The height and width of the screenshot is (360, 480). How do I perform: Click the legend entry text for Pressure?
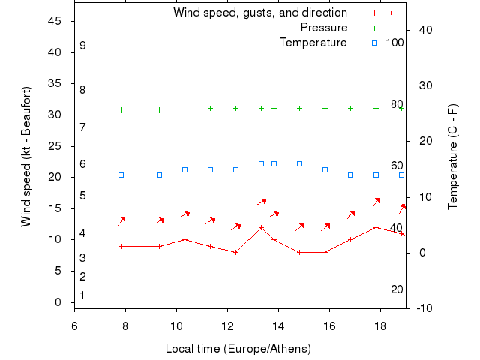pos(324,28)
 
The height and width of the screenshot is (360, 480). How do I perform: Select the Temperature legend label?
pos(313,43)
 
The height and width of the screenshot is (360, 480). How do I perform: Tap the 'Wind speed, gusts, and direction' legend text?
pos(260,13)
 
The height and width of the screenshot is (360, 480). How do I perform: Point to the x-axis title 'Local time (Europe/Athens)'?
pos(238,349)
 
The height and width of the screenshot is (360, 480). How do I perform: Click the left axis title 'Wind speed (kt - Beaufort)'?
pos(26,156)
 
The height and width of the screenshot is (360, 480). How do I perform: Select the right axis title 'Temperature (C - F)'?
pos(453,156)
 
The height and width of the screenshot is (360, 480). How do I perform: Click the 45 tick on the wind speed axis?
pos(54,21)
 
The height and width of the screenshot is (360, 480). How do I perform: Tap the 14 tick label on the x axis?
pos(278,325)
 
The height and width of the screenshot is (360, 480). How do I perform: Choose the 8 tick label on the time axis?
pos(125,325)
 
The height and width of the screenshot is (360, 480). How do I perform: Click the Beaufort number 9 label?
pos(82,46)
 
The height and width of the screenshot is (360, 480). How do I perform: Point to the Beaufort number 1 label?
pos(82,295)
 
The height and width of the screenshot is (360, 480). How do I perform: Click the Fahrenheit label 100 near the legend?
pos(394,43)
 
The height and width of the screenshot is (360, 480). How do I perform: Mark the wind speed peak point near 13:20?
pos(261,227)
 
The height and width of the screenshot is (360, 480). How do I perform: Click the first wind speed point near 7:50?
pos(121,246)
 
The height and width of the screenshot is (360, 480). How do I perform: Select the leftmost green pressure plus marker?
pos(121,109)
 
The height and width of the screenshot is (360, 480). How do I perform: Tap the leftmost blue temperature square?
pos(121,175)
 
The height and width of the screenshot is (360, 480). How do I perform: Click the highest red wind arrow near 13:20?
pos(261,202)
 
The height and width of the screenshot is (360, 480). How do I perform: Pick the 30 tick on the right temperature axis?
pos(421,85)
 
